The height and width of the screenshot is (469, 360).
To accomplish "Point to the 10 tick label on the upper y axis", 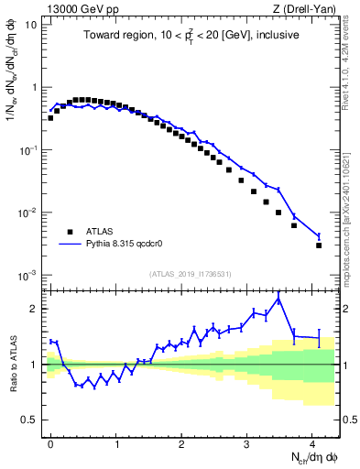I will point(31,25).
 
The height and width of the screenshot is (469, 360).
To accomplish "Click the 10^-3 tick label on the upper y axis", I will point(29,276).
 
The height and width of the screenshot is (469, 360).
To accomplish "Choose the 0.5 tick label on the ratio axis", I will point(31,420).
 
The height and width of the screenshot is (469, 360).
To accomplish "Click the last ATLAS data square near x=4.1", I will point(319,245).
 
